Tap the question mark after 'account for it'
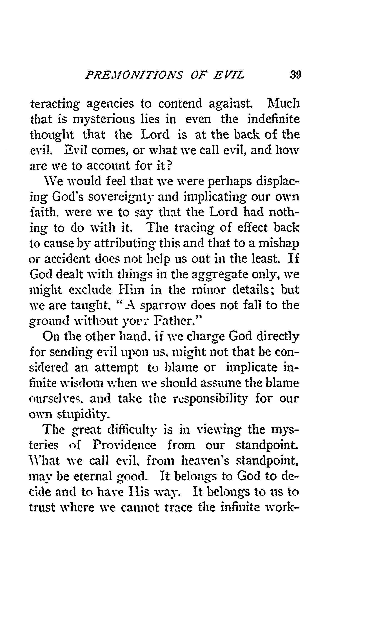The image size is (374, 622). pos(169,166)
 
